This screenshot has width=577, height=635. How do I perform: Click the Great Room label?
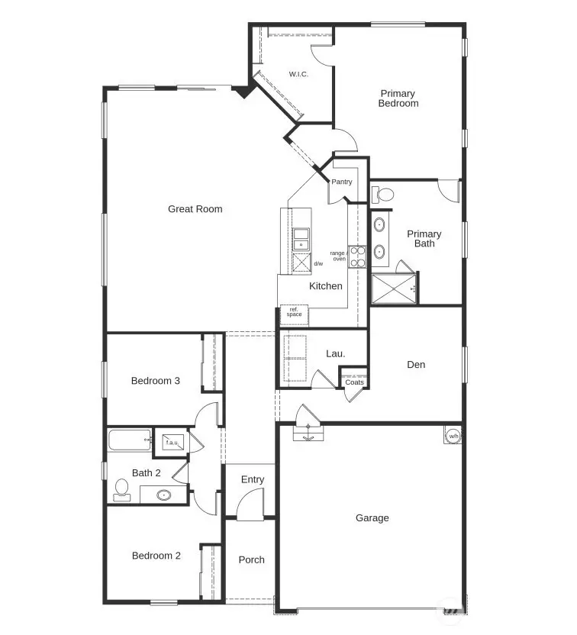coord(195,209)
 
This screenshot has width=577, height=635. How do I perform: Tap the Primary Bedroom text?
coord(398,98)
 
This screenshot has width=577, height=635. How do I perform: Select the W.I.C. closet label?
coord(298,75)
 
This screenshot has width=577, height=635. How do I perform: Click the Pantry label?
coord(341,182)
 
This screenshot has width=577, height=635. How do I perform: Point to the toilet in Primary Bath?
coord(383,194)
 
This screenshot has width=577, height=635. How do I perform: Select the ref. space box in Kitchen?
coord(294,312)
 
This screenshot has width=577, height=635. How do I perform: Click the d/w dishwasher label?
coord(318,264)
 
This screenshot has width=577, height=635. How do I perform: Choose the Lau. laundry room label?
coord(335,353)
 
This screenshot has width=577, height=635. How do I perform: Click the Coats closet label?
coord(354,382)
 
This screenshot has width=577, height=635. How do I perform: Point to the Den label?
coord(416,365)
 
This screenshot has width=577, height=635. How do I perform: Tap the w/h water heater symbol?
coord(453,436)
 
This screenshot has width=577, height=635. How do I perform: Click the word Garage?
coord(372,518)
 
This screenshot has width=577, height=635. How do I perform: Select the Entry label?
coord(253,479)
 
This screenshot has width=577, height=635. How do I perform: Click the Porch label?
coord(251,559)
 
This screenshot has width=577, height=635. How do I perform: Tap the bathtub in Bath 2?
coord(130,440)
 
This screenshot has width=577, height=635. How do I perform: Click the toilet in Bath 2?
coord(121,489)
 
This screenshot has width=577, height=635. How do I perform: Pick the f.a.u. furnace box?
coord(169,441)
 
